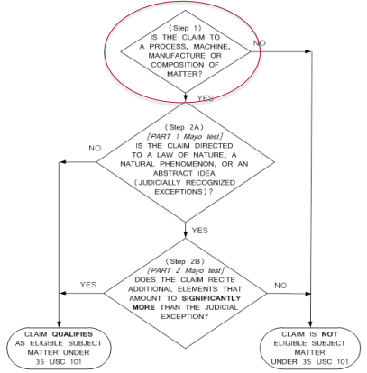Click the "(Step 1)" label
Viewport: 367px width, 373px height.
(185, 28)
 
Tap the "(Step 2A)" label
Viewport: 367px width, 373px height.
(185, 127)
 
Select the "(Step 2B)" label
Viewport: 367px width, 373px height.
(185, 261)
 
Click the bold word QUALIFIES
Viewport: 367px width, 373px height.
(72, 334)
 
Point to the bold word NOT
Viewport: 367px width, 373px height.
(330, 334)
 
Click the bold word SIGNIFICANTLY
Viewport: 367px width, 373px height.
(211, 298)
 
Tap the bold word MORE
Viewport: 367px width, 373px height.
(143, 307)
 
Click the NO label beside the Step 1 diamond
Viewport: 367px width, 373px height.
(260, 43)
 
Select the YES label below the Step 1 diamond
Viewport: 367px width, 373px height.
(206, 98)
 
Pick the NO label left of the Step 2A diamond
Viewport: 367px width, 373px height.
(95, 149)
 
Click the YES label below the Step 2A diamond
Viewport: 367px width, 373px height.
(200, 231)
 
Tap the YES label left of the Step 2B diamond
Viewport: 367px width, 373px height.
(88, 285)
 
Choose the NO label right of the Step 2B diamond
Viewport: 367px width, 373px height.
(280, 286)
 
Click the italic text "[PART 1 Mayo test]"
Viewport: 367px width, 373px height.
(185, 137)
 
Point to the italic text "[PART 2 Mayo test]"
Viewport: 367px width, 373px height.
(186, 271)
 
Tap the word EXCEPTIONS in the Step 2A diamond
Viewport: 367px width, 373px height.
(179, 192)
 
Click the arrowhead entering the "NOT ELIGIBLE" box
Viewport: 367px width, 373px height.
(310, 324)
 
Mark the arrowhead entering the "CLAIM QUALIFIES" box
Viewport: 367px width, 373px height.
(59, 324)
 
